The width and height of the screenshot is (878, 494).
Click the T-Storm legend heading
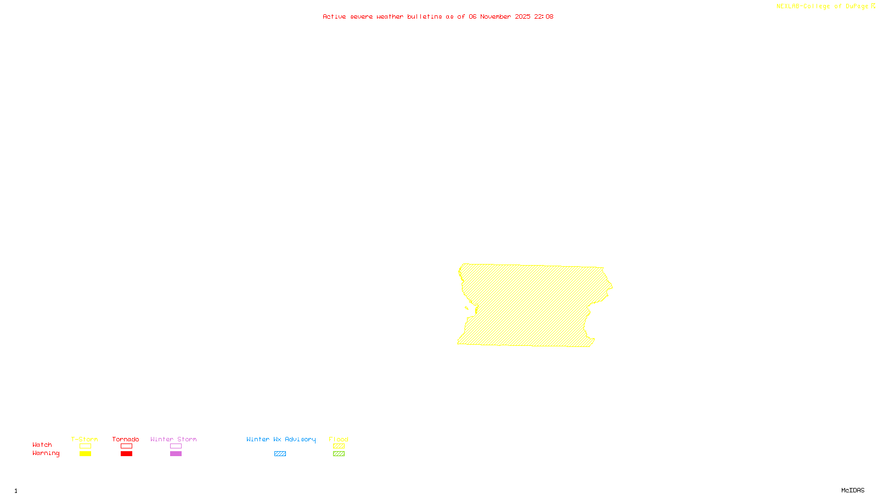tap(85, 439)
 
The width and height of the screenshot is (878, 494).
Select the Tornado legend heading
tap(126, 439)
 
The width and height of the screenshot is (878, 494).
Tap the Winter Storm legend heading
tap(173, 439)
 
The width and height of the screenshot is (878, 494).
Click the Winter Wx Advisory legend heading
tap(281, 439)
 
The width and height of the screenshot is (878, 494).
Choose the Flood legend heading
tap(339, 439)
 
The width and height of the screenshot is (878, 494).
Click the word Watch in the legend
tap(42, 445)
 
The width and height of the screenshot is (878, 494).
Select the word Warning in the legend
tap(46, 453)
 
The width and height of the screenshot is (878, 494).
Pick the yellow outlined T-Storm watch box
tap(85, 446)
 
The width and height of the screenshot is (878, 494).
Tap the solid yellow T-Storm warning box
tap(85, 454)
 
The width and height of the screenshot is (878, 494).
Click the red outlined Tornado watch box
tap(126, 446)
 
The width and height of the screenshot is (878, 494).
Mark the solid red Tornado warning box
tap(126, 454)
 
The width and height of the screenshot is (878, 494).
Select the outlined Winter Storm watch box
tap(176, 446)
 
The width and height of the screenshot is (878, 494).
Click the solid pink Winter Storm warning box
tap(176, 454)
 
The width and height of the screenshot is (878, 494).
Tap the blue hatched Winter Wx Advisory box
tap(280, 454)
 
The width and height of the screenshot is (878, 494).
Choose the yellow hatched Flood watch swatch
tap(339, 446)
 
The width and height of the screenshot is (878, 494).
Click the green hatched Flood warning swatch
tap(339, 454)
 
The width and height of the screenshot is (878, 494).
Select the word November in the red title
tap(496, 16)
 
